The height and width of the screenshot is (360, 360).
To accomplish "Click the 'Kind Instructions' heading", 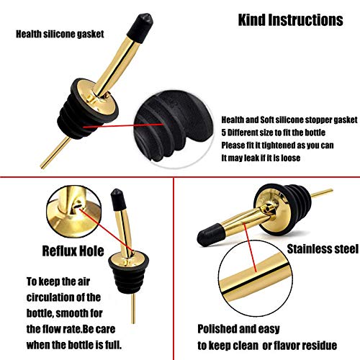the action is point(290,19).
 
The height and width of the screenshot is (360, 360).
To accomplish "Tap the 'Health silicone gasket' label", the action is point(60,34).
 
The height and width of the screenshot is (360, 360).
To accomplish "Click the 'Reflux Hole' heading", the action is point(73,251).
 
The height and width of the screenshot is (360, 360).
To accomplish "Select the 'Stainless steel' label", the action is point(323,249).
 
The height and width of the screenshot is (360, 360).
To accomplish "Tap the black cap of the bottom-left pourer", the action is point(118,199).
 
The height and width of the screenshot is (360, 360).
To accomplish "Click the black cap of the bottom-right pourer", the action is point(210,235).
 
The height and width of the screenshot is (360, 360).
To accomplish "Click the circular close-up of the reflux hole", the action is point(73,212).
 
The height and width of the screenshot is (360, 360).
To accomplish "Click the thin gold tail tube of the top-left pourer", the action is point(55,153).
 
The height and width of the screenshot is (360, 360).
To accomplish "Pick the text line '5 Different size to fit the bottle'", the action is point(273,132).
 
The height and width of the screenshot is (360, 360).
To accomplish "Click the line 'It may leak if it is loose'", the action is point(261,158).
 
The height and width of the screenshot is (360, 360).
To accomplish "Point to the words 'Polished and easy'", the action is point(238,329).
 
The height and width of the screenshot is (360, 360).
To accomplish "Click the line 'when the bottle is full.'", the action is point(74,345).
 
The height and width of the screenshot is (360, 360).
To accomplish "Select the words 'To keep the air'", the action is point(58,282).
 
